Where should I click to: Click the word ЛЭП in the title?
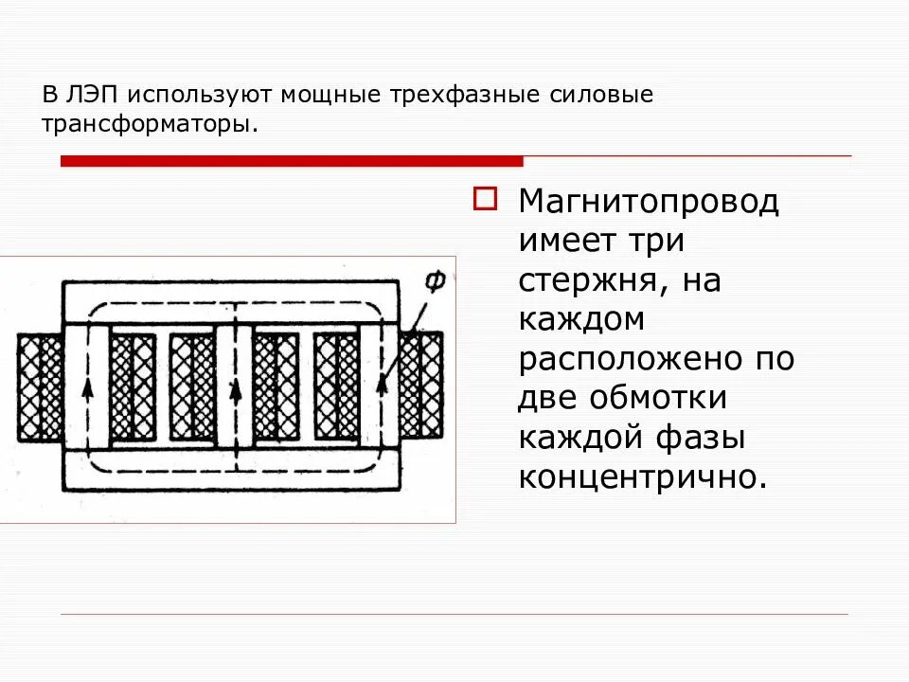click(87, 96)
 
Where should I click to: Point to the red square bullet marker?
click(484, 199)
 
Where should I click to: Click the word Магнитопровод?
click(649, 202)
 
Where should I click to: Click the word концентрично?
click(641, 477)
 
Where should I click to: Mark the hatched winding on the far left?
click(40, 386)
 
